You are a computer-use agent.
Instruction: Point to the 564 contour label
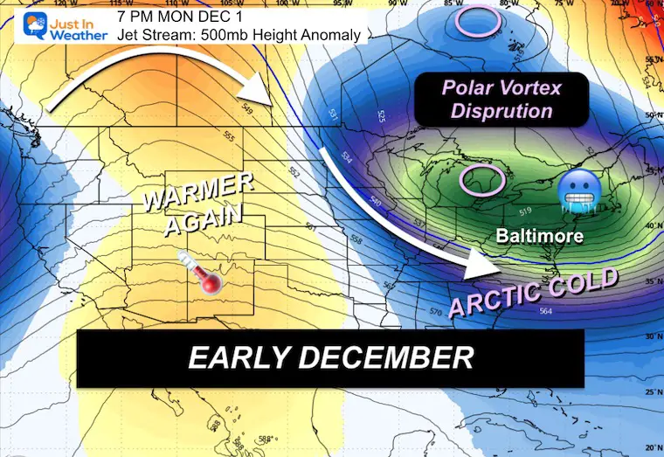coord(546,312)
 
